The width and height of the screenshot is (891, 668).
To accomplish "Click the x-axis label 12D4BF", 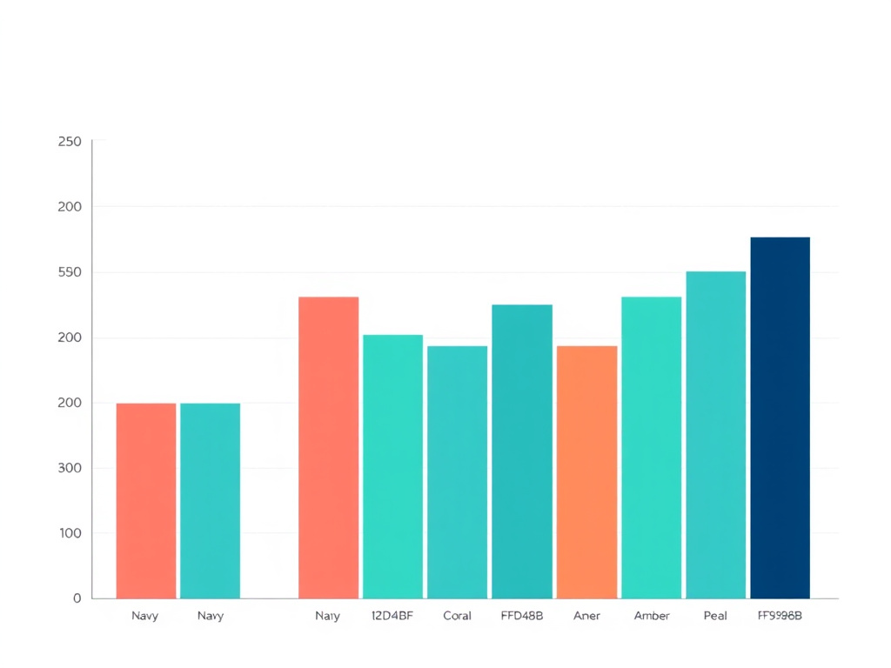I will (392, 616).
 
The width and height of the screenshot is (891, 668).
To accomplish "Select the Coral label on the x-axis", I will (457, 616).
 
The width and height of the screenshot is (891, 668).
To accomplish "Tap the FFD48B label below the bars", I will (522, 616).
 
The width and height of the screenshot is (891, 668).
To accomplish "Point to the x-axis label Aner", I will (586, 616).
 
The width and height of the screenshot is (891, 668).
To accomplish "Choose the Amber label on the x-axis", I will (652, 616).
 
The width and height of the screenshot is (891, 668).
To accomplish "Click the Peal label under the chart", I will (715, 616).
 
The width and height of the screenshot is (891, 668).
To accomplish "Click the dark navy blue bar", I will (780, 417).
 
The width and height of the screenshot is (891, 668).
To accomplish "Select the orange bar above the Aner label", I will (586, 471).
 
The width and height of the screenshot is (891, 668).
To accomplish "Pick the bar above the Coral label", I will (457, 471).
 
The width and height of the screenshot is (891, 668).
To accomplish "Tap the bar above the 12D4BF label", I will (392, 466).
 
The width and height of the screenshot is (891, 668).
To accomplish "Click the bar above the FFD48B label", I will (522, 451).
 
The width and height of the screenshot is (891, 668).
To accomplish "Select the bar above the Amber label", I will (652, 447).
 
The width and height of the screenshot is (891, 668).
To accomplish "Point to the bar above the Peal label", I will (715, 435).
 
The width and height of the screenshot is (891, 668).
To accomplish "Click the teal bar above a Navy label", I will (210, 500).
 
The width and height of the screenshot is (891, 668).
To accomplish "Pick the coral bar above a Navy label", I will (146, 500).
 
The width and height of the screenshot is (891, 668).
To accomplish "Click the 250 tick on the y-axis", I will (70, 142).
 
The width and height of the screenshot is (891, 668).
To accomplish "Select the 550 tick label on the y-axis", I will (70, 272).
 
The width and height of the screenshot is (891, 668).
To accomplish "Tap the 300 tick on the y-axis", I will (70, 468).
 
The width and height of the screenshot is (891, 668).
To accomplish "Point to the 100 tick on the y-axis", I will (70, 533).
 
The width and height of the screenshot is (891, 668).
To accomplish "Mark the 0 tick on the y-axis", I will (77, 598).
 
